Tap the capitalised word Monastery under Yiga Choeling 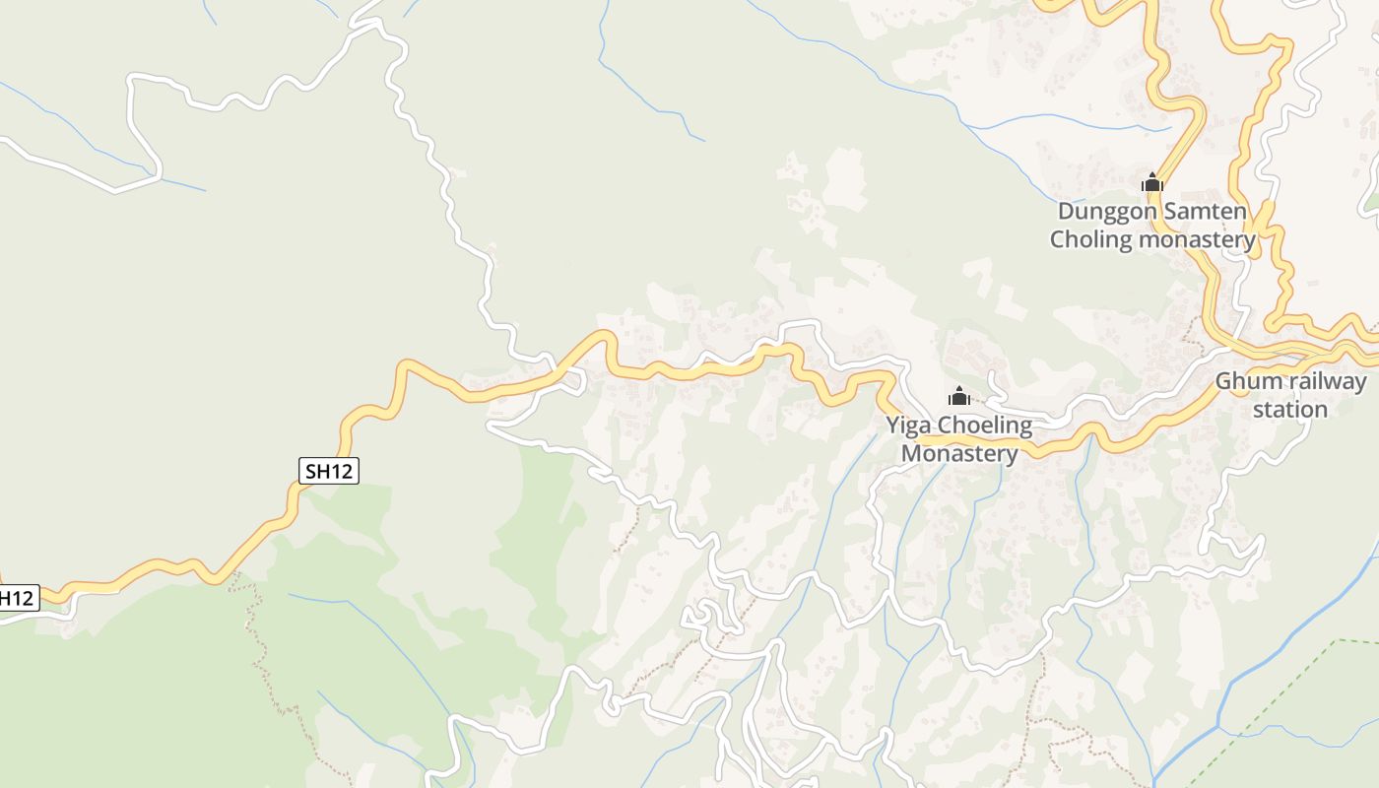959,454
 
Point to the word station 1290,409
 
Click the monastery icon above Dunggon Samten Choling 1152,182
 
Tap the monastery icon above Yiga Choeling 959,397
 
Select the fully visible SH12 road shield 329,471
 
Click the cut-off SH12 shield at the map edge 18,597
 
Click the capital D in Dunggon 1066,211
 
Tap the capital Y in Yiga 892,427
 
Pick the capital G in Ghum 1223,381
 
